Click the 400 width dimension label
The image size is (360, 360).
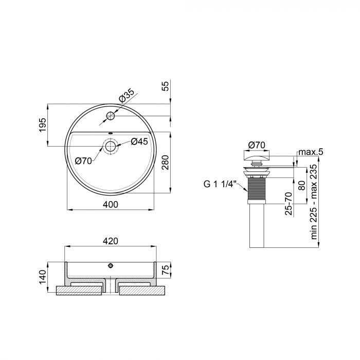coord(111,204)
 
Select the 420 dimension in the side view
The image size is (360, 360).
coord(111,241)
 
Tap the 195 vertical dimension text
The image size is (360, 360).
coord(43,125)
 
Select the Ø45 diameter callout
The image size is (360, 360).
coord(139,141)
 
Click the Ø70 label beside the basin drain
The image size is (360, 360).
coord(83,160)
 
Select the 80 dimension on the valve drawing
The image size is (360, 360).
coord(302,184)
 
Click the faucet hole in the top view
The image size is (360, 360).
coord(111,115)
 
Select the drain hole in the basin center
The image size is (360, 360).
coord(111,146)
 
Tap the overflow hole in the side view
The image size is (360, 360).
coord(110,266)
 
